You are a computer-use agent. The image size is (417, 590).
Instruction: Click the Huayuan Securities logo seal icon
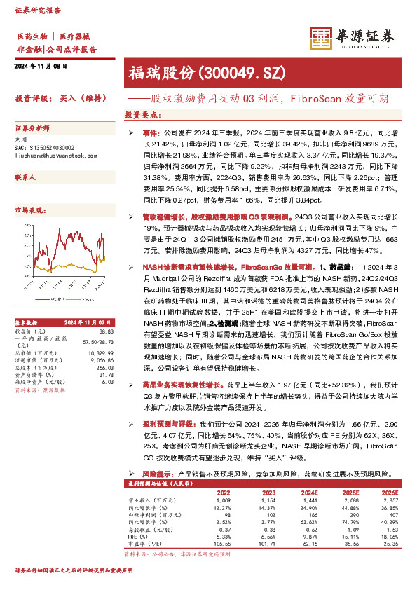320,39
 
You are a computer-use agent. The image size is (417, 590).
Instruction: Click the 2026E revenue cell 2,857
388,501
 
